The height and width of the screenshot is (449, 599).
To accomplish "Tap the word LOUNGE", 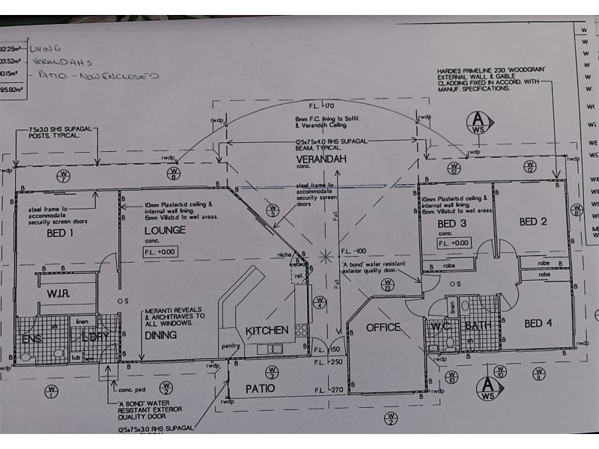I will [x=164, y=230].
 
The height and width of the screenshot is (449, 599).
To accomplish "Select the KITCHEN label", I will [x=267, y=330].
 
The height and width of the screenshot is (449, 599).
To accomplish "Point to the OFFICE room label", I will [x=383, y=327].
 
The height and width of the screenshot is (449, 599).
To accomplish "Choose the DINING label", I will [x=160, y=335].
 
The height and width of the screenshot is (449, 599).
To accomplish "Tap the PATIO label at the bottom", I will [x=260, y=388].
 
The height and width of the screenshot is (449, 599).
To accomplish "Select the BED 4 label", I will [x=538, y=323].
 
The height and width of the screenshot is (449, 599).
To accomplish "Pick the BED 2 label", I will [x=533, y=222].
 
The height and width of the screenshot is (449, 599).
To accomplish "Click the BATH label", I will [x=476, y=326].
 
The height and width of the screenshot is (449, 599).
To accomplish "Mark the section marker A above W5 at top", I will [x=476, y=120].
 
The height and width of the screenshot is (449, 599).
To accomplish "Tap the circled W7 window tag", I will [x=63, y=177].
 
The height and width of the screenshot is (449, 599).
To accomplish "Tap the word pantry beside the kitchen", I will [x=230, y=346].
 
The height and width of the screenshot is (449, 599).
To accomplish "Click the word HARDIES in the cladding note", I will [x=452, y=72].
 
